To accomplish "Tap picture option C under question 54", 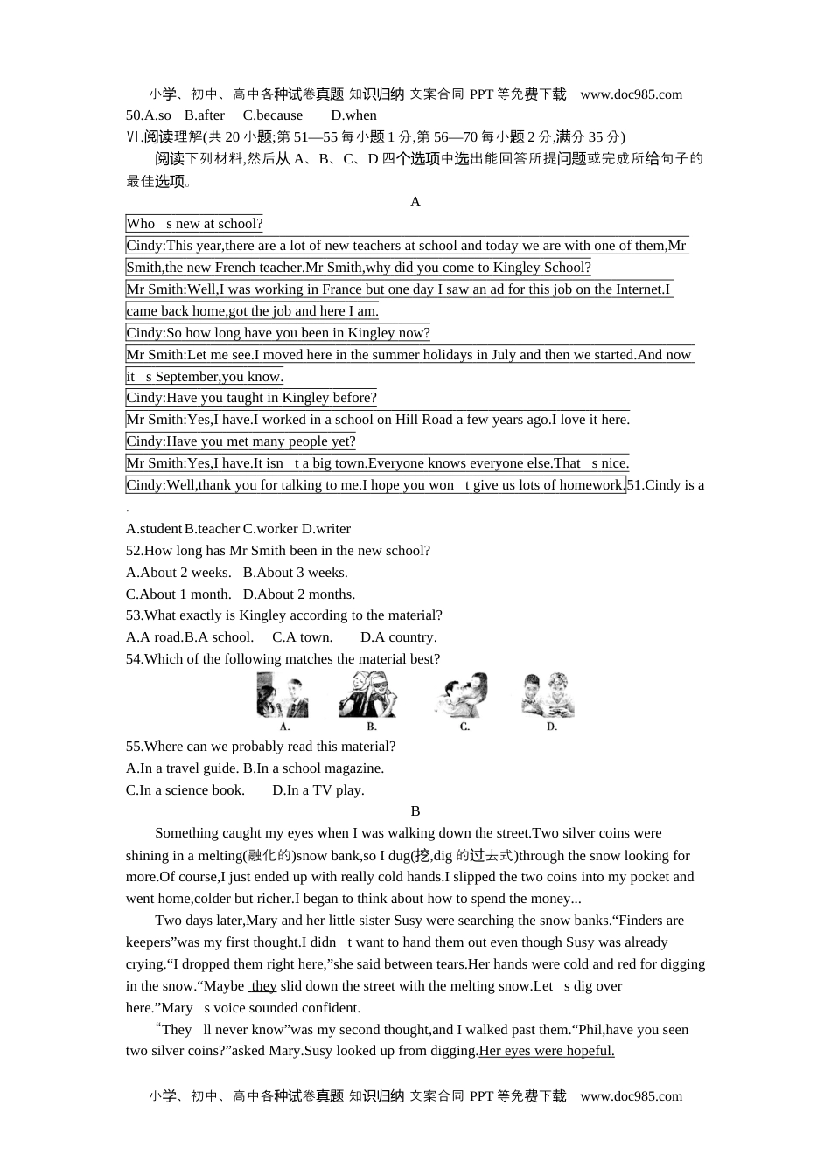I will pos(461,697).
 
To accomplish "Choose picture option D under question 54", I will pos(548,697).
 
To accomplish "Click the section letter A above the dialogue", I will pos(415,202).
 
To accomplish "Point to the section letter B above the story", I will pos(415,811).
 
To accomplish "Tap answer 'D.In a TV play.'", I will pos(318,790).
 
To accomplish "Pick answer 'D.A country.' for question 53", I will pos(398,637).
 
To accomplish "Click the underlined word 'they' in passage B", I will pos(263,986).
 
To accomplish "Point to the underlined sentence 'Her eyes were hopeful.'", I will pos(547,1051).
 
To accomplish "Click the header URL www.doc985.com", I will pos(631,94).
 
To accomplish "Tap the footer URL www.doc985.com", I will pos(631,1096).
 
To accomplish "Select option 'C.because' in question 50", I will pos(273,115).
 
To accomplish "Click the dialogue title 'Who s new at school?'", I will pos(194,224).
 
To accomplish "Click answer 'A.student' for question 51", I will pos(154,529).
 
